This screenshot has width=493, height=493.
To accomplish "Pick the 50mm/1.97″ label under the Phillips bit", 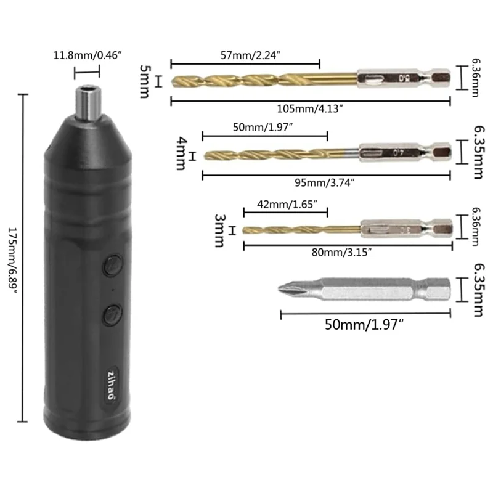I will click(364, 324).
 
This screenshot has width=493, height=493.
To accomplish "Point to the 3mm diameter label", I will click(219, 230).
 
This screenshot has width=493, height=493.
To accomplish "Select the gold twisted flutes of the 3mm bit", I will click(296, 230).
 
